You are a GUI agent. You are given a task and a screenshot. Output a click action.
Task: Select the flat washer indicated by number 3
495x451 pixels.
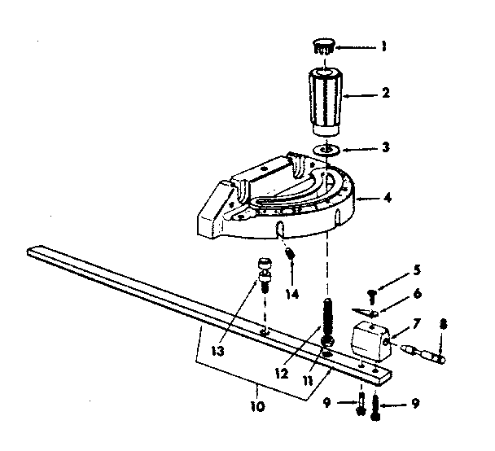pos(327,150)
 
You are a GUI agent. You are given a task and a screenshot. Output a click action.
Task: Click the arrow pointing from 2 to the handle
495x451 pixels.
pos(362,94)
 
